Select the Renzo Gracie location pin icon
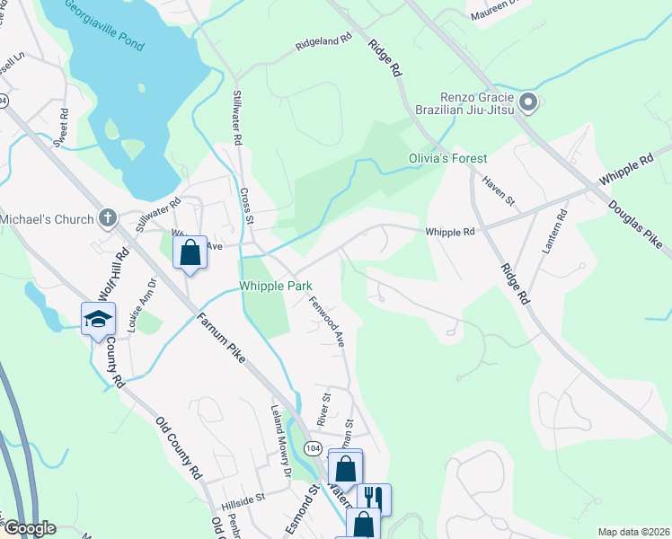[528, 103]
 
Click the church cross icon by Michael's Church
[107, 217]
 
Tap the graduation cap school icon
[99, 319]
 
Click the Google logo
[29, 528]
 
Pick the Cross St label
[248, 204]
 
